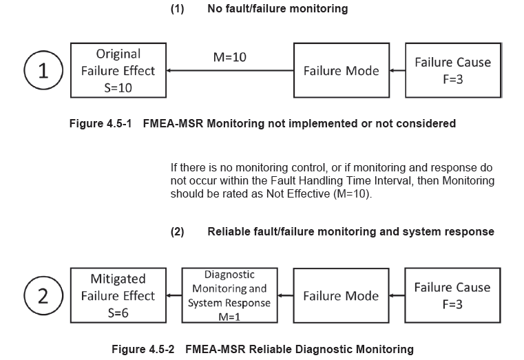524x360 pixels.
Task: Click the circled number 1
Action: [43, 71]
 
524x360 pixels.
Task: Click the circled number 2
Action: [43, 296]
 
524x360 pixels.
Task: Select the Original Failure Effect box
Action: [118, 71]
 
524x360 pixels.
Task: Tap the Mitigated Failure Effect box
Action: [118, 296]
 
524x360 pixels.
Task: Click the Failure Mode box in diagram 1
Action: [341, 71]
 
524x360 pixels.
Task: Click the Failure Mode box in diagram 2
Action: [341, 296]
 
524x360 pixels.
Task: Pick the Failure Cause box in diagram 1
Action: [452, 71]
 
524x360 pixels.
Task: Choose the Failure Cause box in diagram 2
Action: [452, 296]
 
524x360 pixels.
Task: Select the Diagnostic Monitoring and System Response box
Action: [229, 296]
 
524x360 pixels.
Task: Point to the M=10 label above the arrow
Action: [229, 56]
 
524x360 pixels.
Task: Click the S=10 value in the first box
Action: [118, 87]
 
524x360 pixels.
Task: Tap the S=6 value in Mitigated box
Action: [118, 313]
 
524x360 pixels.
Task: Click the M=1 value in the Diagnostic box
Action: [229, 317]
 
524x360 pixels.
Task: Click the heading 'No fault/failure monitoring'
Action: [277, 9]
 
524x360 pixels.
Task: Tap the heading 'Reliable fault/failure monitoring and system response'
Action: [350, 231]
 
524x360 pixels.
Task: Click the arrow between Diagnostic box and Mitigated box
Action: [174, 296]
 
